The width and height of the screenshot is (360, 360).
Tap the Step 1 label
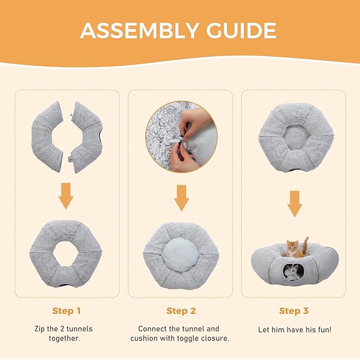66,311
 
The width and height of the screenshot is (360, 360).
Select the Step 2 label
180,311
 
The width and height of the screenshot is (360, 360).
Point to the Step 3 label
293,311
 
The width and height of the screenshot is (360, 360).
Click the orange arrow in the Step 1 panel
66,196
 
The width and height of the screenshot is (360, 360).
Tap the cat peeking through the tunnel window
292,272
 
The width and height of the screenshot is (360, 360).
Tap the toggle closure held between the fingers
182,139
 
